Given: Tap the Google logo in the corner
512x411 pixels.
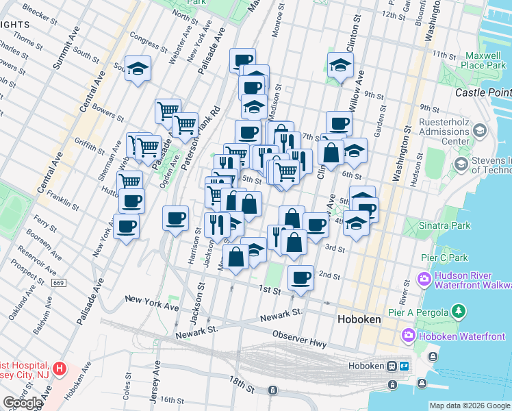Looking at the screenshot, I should pos(23,403).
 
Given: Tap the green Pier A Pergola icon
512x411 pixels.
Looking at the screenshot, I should pos(459,312).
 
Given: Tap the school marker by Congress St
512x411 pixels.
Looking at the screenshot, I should pos(138,68).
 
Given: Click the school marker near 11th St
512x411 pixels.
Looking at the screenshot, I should pos(340,65).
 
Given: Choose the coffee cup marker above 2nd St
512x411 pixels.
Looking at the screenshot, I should pos(300,277).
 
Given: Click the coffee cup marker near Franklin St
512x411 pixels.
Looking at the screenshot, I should pos(131,200).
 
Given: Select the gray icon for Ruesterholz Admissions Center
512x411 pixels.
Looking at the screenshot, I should pos(479,129).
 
